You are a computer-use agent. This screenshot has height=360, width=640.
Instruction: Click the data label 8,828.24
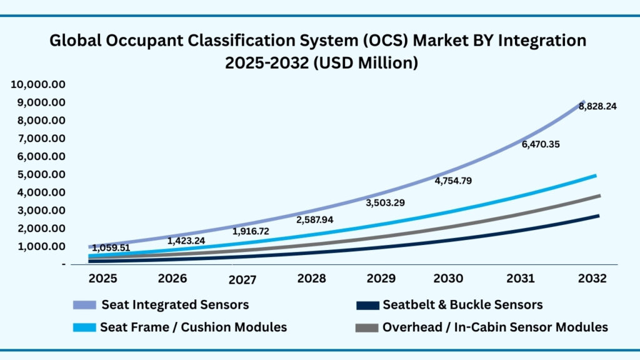(597, 106)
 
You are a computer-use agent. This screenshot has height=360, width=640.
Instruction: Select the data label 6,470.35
(540, 144)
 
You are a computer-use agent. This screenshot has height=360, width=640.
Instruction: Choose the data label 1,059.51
(111, 247)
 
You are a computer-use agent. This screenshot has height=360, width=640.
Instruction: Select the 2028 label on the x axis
(311, 278)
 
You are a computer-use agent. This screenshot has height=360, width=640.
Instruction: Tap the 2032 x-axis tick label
(591, 278)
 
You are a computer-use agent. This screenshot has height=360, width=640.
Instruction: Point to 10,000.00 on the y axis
(39, 84)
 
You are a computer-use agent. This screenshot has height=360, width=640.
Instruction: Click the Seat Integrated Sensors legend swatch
(84, 305)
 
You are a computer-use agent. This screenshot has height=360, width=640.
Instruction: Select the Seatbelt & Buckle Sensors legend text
(462, 305)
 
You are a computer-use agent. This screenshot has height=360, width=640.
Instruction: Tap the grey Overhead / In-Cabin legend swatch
(366, 327)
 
